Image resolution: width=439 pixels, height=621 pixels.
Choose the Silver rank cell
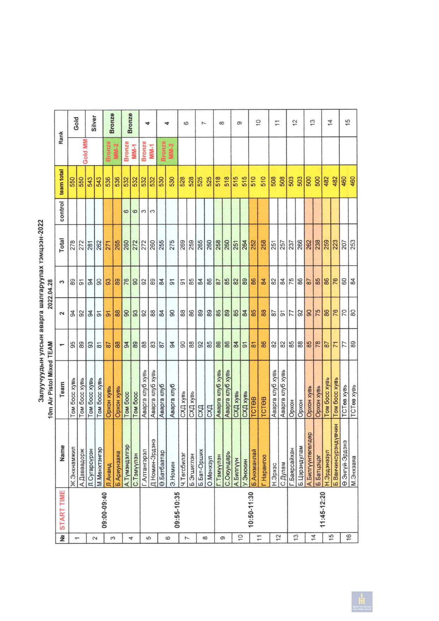94,123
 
